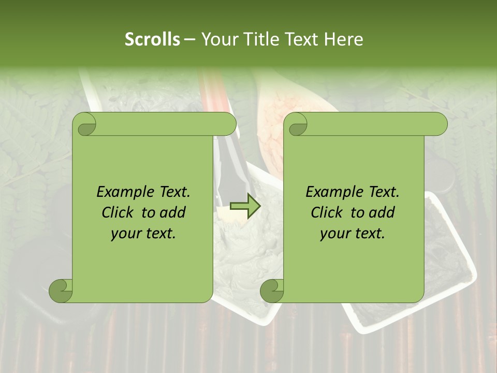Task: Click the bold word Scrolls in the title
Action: pyautogui.click(x=153, y=39)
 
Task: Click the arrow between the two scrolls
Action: pyautogui.click(x=245, y=206)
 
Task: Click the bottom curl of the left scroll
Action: pyautogui.click(x=61, y=291)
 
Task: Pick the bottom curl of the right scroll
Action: pyautogui.click(x=272, y=291)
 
